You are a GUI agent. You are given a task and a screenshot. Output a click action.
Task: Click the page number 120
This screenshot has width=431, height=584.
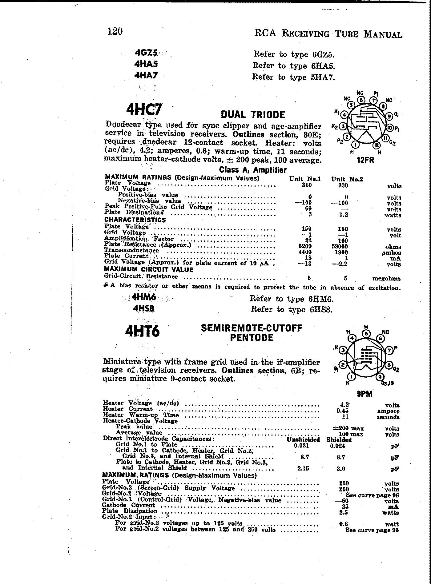(115, 31)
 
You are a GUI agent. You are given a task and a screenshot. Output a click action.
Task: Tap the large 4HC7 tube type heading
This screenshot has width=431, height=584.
(144, 109)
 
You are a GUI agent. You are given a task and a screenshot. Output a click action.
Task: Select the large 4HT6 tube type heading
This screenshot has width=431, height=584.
(143, 331)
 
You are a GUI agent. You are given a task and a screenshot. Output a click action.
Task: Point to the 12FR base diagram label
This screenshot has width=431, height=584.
(365, 160)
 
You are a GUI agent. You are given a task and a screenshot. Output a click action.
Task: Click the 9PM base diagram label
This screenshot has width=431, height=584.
(365, 394)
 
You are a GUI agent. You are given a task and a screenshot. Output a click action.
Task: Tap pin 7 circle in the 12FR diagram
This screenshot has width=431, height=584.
(373, 100)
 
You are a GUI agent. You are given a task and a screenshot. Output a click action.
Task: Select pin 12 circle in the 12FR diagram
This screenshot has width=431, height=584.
(376, 145)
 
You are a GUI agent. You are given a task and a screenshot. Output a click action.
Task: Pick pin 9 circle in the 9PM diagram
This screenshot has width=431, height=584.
(380, 376)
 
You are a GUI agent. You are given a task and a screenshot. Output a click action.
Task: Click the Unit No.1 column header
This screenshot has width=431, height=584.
(305, 179)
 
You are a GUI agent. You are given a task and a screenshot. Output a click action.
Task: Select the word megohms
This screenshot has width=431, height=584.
(386, 279)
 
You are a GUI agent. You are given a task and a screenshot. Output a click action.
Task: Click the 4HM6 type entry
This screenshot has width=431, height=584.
(144, 297)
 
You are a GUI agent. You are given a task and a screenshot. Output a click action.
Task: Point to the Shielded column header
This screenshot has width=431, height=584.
(339, 440)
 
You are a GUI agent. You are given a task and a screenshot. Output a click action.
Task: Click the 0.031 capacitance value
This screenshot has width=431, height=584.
(301, 446)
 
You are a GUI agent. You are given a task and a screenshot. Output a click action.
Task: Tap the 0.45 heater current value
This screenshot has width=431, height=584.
(344, 411)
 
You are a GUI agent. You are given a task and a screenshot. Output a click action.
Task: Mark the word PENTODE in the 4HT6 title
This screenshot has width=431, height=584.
(252, 338)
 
